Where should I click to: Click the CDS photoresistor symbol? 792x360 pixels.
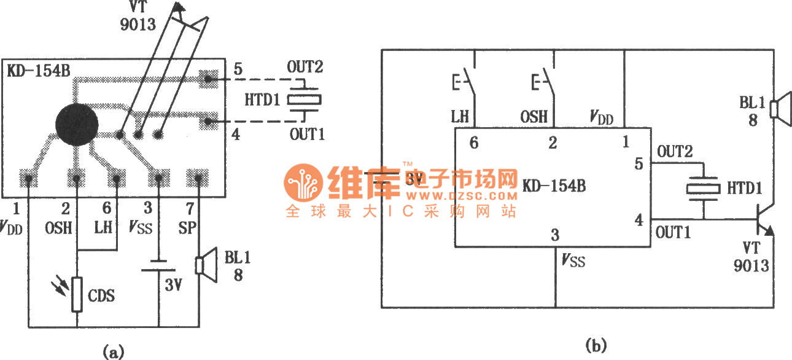coord(77,294)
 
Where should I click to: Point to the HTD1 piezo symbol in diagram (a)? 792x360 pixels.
coord(305,100)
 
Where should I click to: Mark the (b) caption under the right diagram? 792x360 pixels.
coord(596,346)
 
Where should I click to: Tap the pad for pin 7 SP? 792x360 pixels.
coord(198,179)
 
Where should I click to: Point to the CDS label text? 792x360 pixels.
coord(101,296)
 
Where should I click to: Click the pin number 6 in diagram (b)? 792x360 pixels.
coord(473,143)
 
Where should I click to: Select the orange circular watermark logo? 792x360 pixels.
coord(303,182)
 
